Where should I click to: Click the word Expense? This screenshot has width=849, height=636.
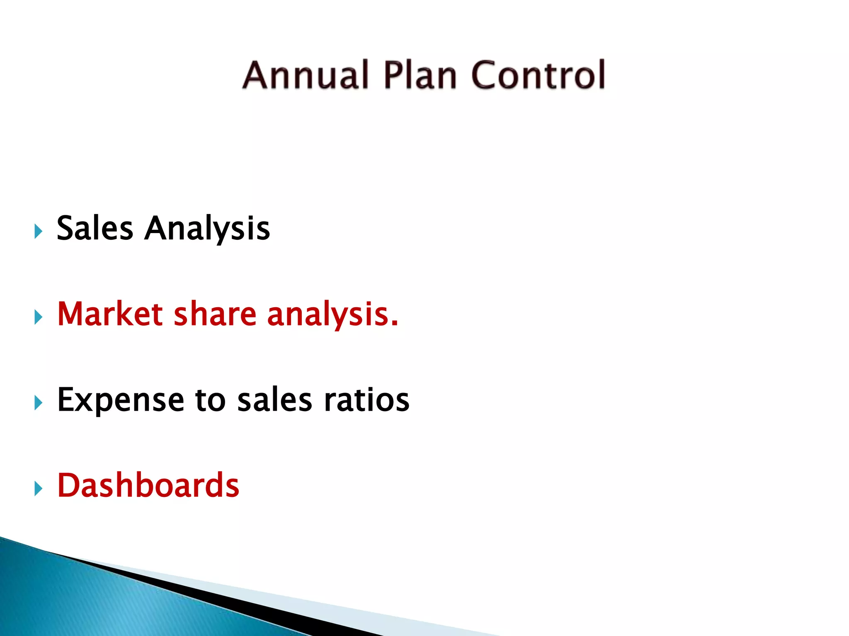coord(120,400)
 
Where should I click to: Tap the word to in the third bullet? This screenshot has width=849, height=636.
coord(210,400)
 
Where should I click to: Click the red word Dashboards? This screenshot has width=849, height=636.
coord(148,485)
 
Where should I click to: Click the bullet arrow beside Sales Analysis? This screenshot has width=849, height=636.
coord(38,231)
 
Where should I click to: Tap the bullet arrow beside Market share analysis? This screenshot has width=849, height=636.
coord(38,317)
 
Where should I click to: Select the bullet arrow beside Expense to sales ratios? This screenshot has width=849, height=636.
coord(38,403)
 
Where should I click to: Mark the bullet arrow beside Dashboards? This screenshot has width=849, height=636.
coord(38,489)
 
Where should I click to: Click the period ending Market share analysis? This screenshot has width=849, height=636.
coord(394,325)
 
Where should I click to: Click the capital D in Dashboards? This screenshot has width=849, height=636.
coord(68,485)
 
